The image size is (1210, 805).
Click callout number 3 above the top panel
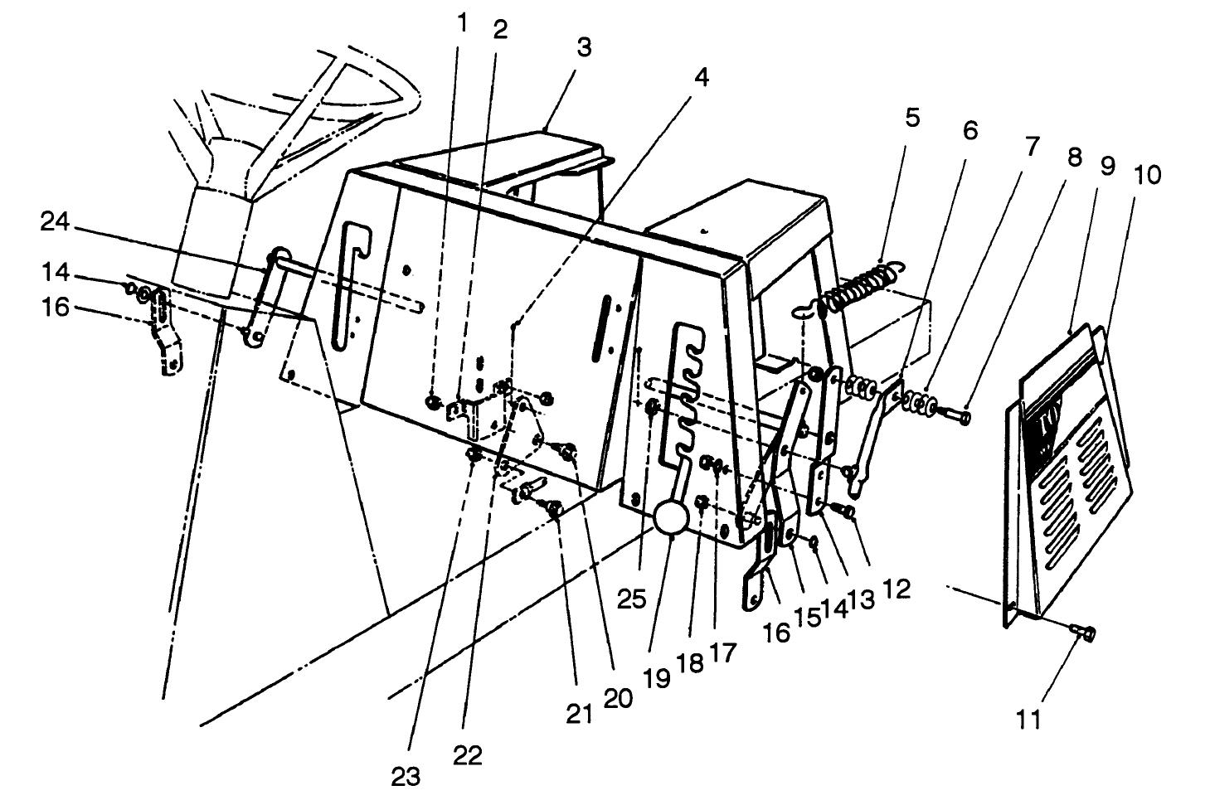coord(584,47)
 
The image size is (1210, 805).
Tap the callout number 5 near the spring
coord(911,118)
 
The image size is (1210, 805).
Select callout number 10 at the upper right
coord(1148,176)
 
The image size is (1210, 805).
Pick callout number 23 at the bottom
coord(406,776)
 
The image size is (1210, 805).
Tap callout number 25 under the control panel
coord(631,599)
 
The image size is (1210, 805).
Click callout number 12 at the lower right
coord(897,589)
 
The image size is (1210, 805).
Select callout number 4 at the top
coord(701,77)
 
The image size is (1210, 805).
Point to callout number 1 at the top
coord(461,23)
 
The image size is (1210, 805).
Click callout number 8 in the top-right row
coord(1074,157)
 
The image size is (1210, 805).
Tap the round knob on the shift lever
coord(671,519)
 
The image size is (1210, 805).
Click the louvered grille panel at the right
coord(1070,464)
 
